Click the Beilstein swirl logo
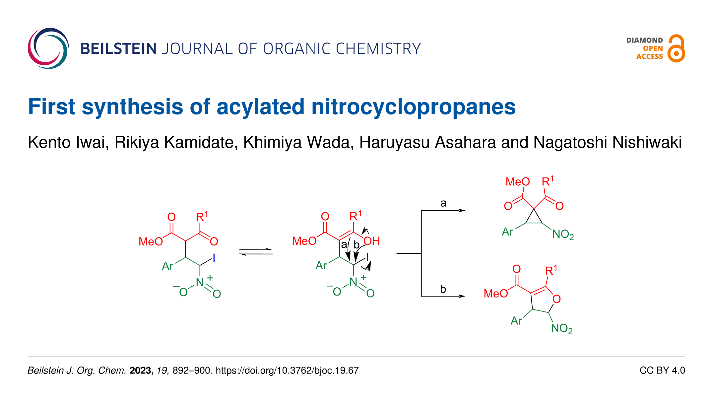coord(48,48)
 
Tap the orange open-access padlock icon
coord(676,49)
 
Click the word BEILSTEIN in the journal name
coord(118,49)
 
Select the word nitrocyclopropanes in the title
coord(414,107)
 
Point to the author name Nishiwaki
coord(647,142)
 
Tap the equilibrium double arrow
coord(256,252)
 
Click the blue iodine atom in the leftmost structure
coord(214,258)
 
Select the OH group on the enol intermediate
coord(371,241)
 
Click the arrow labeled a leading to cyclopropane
coord(443,210)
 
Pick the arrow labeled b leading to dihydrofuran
coord(443,296)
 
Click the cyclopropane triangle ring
coord(534,218)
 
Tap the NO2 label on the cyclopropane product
coord(563,235)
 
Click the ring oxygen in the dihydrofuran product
coord(556,299)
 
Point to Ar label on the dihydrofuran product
coord(516,321)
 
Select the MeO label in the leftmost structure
coord(151,241)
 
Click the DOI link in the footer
coord(287,371)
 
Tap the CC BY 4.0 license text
coord(662,371)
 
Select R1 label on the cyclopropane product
coord(548,181)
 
